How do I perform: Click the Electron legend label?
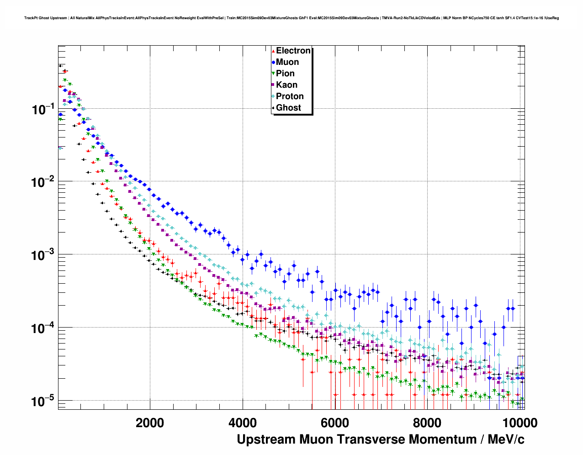pos(293,51)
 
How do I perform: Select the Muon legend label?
pos(287,62)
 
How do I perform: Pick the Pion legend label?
pos(285,74)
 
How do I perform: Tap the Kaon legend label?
pos(286,85)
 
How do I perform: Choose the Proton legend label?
pos(290,96)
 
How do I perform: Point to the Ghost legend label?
pos(288,108)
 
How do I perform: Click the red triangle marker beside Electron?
pos(273,51)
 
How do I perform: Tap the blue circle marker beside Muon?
pos(273,62)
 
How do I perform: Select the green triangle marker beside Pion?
pos(273,74)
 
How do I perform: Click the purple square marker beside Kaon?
pos(273,85)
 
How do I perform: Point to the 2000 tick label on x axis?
pos(150,423)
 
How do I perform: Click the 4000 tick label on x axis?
pos(242,423)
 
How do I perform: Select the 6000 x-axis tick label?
pos(334,423)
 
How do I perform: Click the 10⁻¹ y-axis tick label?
pos(43,110)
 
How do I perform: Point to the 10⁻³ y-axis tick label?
pos(43,255)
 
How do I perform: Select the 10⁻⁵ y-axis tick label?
pos(43,402)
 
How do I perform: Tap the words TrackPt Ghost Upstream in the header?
pos(46,18)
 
